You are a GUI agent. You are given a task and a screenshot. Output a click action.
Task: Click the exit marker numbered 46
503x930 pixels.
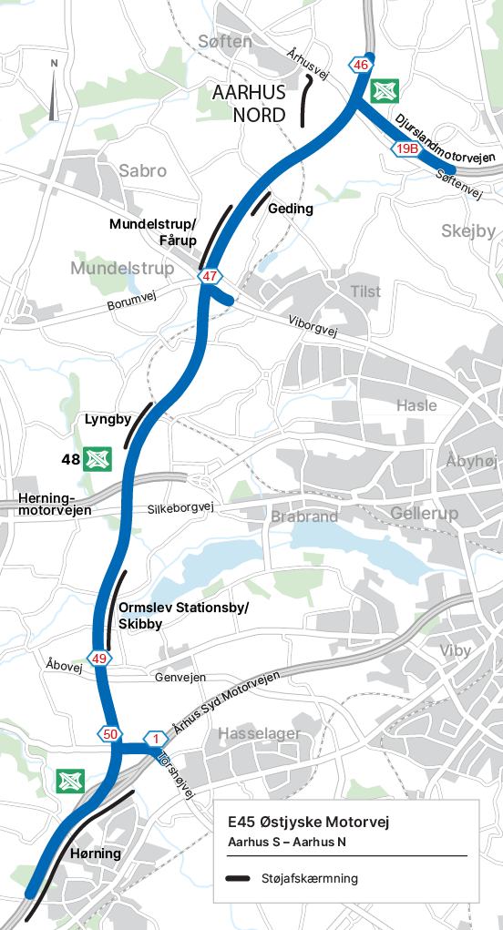pos(361,65)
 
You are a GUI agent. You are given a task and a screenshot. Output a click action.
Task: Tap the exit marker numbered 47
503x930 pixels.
pos(210,276)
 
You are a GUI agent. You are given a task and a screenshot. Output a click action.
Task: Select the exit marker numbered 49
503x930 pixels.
pos(99,659)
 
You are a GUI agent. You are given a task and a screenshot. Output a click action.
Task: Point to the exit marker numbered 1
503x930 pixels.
pos(156,739)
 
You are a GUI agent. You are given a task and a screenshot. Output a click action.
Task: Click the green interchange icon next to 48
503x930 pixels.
pos(97,459)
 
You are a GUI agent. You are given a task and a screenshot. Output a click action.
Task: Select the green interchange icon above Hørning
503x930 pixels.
pos(69,781)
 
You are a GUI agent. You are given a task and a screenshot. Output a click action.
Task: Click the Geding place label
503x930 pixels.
pos(291,209)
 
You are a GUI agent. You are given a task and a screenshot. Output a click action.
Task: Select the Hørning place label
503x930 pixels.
pos(95,853)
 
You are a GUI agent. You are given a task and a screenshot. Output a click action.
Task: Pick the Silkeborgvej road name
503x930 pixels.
pos(180,507)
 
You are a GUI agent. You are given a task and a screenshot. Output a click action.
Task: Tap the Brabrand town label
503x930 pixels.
pos(304,516)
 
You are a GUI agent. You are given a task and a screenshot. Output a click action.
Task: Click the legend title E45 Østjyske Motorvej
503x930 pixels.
pos(308,823)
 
